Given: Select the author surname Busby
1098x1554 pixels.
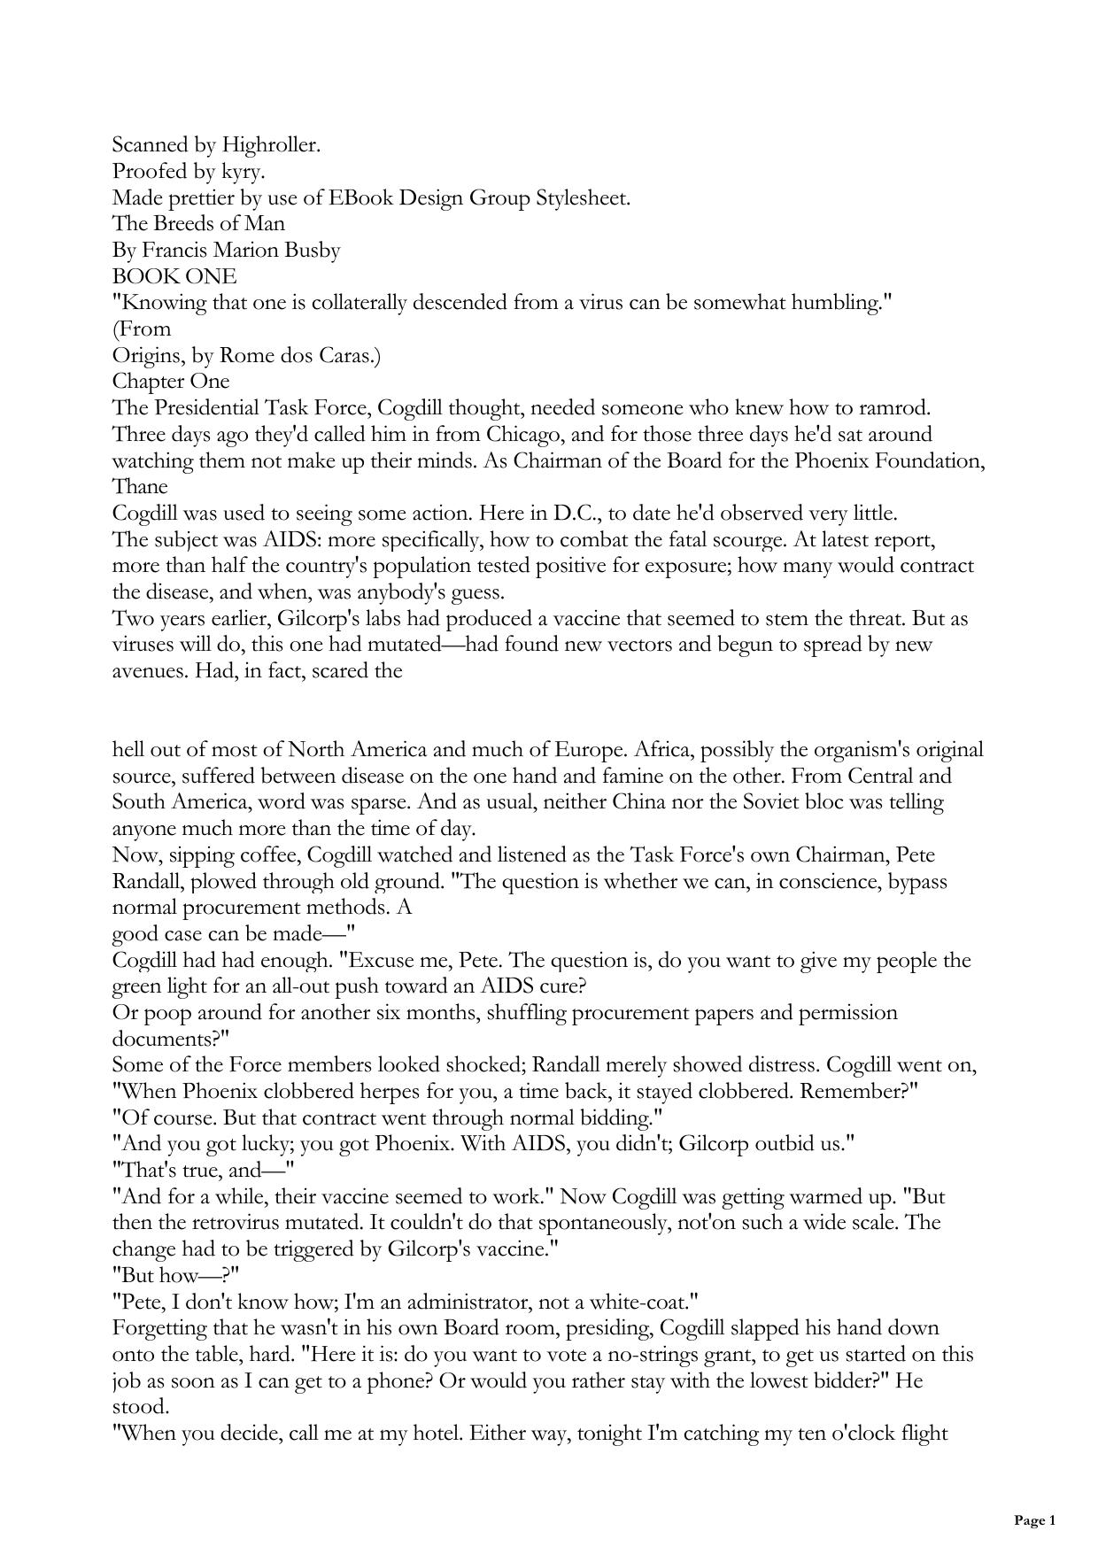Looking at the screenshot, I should (312, 251).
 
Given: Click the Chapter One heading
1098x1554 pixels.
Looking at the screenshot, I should (171, 382).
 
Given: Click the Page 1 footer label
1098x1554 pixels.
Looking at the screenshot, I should (1034, 1521).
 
